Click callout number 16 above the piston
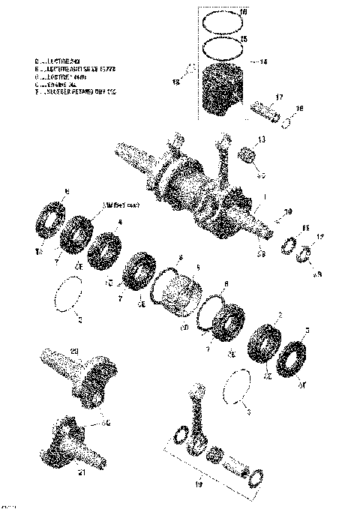pos(241,14)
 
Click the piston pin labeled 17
pos(264,110)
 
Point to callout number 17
pos(278,97)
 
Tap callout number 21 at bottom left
pos(82,472)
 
